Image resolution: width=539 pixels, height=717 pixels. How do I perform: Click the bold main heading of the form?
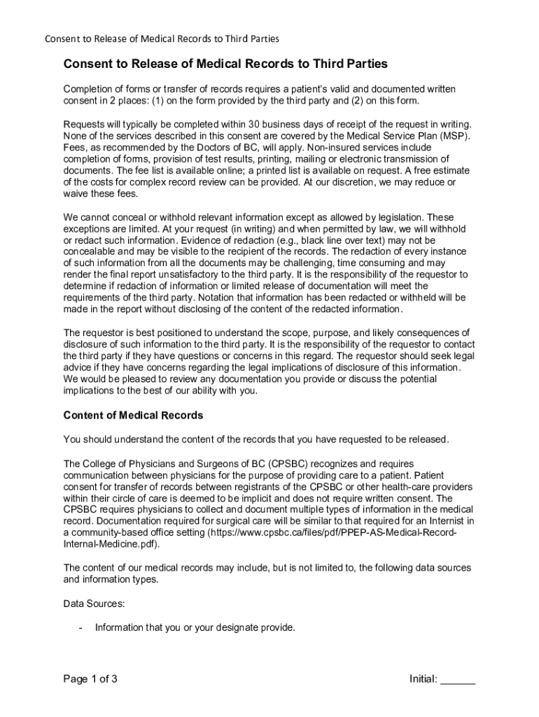pos(225,64)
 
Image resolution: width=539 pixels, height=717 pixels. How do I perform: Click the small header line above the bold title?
pos(162,38)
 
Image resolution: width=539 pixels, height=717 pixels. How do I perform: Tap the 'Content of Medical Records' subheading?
pos(133,415)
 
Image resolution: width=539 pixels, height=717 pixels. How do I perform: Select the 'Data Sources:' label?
pos(94,603)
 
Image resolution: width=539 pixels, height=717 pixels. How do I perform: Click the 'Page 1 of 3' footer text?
pos(90,678)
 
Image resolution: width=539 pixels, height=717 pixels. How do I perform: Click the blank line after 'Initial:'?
pos(458,679)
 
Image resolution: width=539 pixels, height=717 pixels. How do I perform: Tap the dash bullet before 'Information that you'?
pos(82,627)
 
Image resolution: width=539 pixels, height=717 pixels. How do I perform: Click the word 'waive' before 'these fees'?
pos(77,194)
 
